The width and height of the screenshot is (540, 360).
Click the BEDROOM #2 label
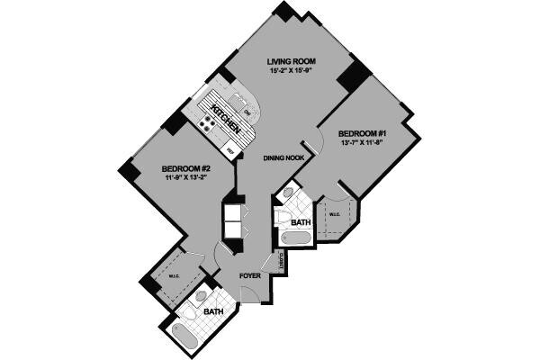[x=186, y=168]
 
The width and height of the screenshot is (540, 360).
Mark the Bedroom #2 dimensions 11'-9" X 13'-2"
[x=186, y=178]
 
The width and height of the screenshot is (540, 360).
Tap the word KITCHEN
[x=222, y=118]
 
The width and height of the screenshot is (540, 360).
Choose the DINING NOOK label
[x=283, y=158]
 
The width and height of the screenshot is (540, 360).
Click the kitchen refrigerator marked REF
[x=230, y=151]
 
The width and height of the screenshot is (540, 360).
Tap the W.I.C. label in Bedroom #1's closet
[x=333, y=214]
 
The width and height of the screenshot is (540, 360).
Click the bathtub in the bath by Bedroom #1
[x=295, y=238]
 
